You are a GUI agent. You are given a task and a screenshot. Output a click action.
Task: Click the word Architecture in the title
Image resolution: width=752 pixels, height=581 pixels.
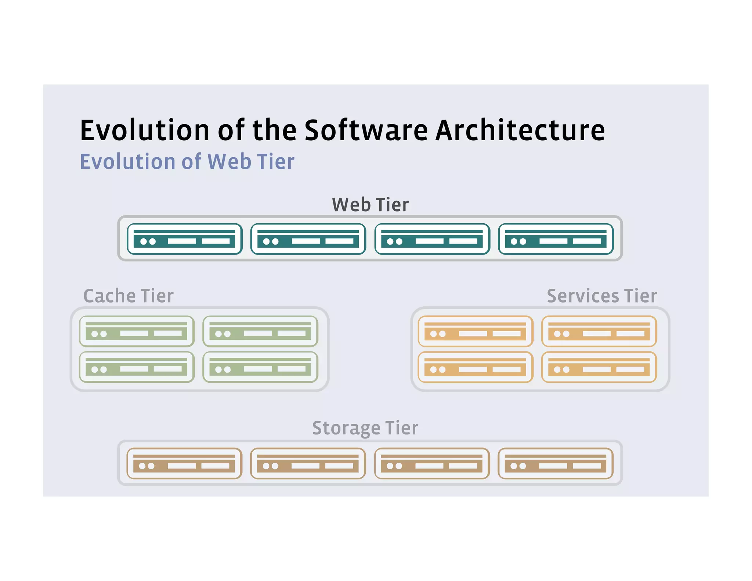(x=520, y=130)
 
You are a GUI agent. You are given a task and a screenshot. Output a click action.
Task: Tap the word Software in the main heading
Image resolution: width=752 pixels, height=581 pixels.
(x=366, y=130)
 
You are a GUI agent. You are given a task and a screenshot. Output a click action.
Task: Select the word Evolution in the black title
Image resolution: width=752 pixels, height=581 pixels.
(x=144, y=130)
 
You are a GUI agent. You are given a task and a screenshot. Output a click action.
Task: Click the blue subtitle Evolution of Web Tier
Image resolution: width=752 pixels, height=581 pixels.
(x=187, y=162)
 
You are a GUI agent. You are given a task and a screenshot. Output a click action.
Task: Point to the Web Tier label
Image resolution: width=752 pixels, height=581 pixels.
(x=370, y=205)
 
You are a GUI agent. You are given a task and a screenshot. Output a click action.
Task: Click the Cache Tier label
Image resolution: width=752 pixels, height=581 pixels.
(x=129, y=296)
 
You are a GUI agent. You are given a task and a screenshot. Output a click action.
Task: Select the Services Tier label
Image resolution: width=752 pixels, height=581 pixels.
(x=602, y=296)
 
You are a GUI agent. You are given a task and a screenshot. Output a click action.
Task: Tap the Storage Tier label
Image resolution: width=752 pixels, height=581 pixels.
(x=365, y=428)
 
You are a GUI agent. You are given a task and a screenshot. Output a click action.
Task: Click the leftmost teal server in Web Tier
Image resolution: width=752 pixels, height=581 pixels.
(x=184, y=239)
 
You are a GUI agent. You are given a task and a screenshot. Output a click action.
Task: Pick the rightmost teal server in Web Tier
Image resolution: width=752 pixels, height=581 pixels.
(x=556, y=239)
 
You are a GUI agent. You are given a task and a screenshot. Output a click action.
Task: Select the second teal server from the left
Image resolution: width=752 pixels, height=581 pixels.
(x=308, y=239)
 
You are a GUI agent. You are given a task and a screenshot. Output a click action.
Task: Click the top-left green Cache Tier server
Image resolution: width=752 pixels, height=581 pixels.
(x=137, y=331)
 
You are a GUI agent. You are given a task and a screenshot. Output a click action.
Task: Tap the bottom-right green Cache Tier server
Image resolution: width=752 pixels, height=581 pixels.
(x=260, y=367)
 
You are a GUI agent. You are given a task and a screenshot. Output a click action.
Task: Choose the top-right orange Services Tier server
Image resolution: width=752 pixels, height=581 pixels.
(x=599, y=331)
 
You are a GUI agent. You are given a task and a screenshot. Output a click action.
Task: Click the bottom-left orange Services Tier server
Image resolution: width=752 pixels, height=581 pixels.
(x=476, y=367)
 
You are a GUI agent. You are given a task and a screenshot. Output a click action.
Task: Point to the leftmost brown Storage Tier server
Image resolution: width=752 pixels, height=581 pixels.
(x=184, y=463)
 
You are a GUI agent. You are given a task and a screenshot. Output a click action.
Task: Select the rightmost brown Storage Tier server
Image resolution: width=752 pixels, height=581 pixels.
(x=556, y=463)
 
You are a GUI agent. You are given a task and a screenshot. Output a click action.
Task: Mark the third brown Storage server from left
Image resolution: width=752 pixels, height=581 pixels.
(x=432, y=463)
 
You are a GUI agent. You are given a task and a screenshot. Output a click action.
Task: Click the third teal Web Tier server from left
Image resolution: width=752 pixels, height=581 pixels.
(x=432, y=239)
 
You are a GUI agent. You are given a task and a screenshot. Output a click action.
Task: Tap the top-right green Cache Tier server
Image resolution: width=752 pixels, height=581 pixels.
(x=260, y=331)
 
